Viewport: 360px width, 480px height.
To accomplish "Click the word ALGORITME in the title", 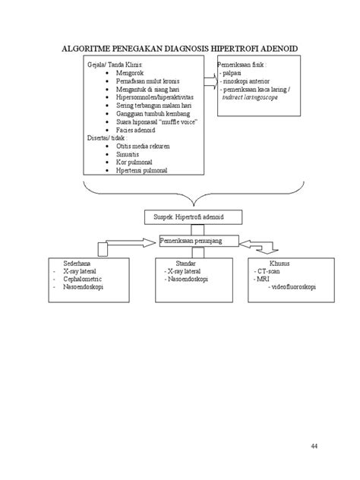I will click(x=85, y=49).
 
